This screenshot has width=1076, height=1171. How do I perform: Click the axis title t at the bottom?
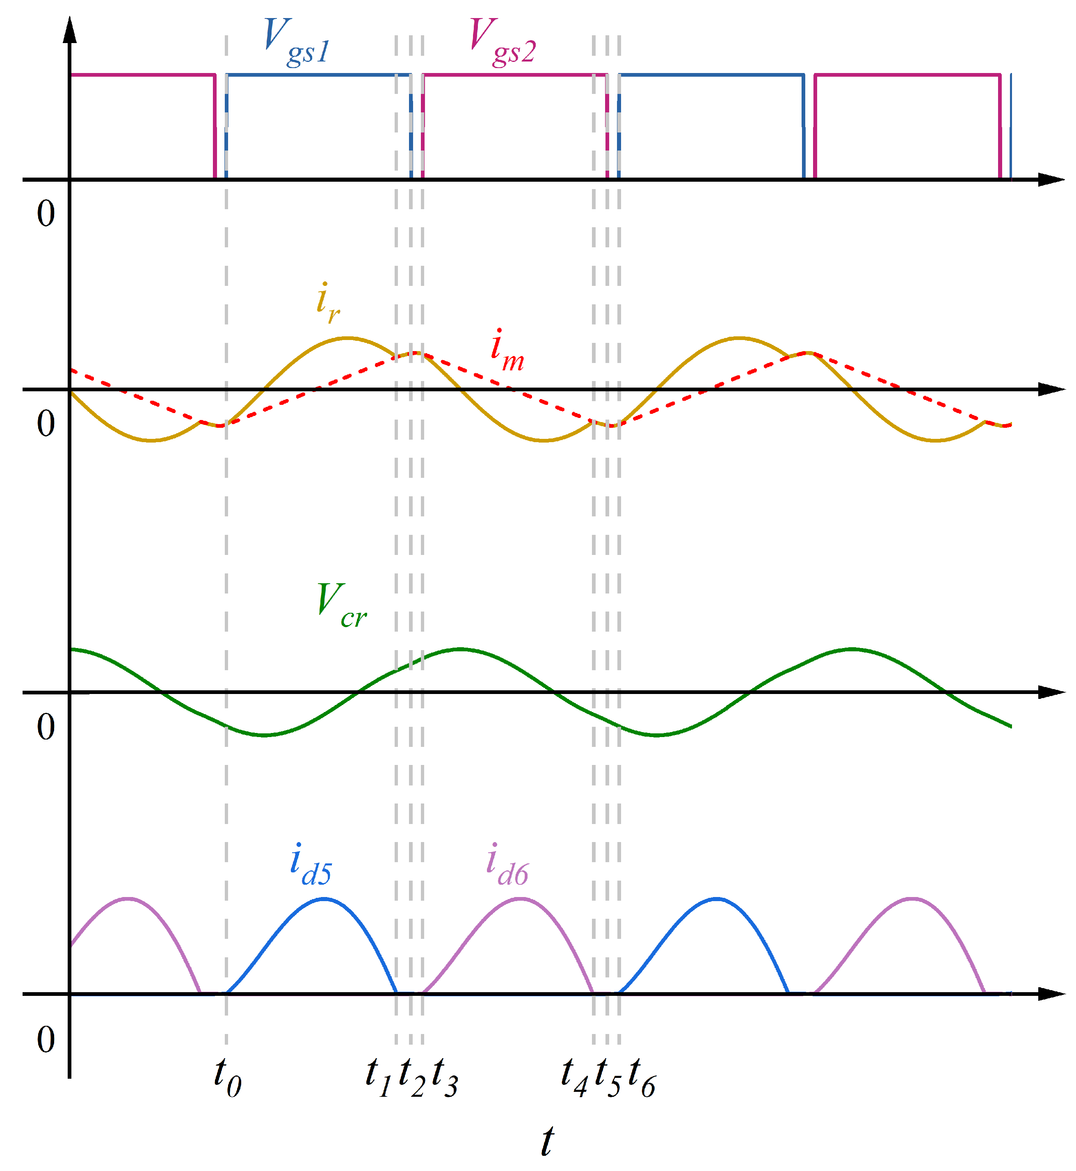(547, 1141)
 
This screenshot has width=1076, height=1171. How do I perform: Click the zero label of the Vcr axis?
(46, 727)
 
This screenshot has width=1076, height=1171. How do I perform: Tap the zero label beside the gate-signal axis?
(46, 213)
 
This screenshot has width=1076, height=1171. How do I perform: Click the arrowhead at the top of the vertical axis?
(70, 29)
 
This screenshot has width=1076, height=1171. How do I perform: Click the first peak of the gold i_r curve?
(347, 338)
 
